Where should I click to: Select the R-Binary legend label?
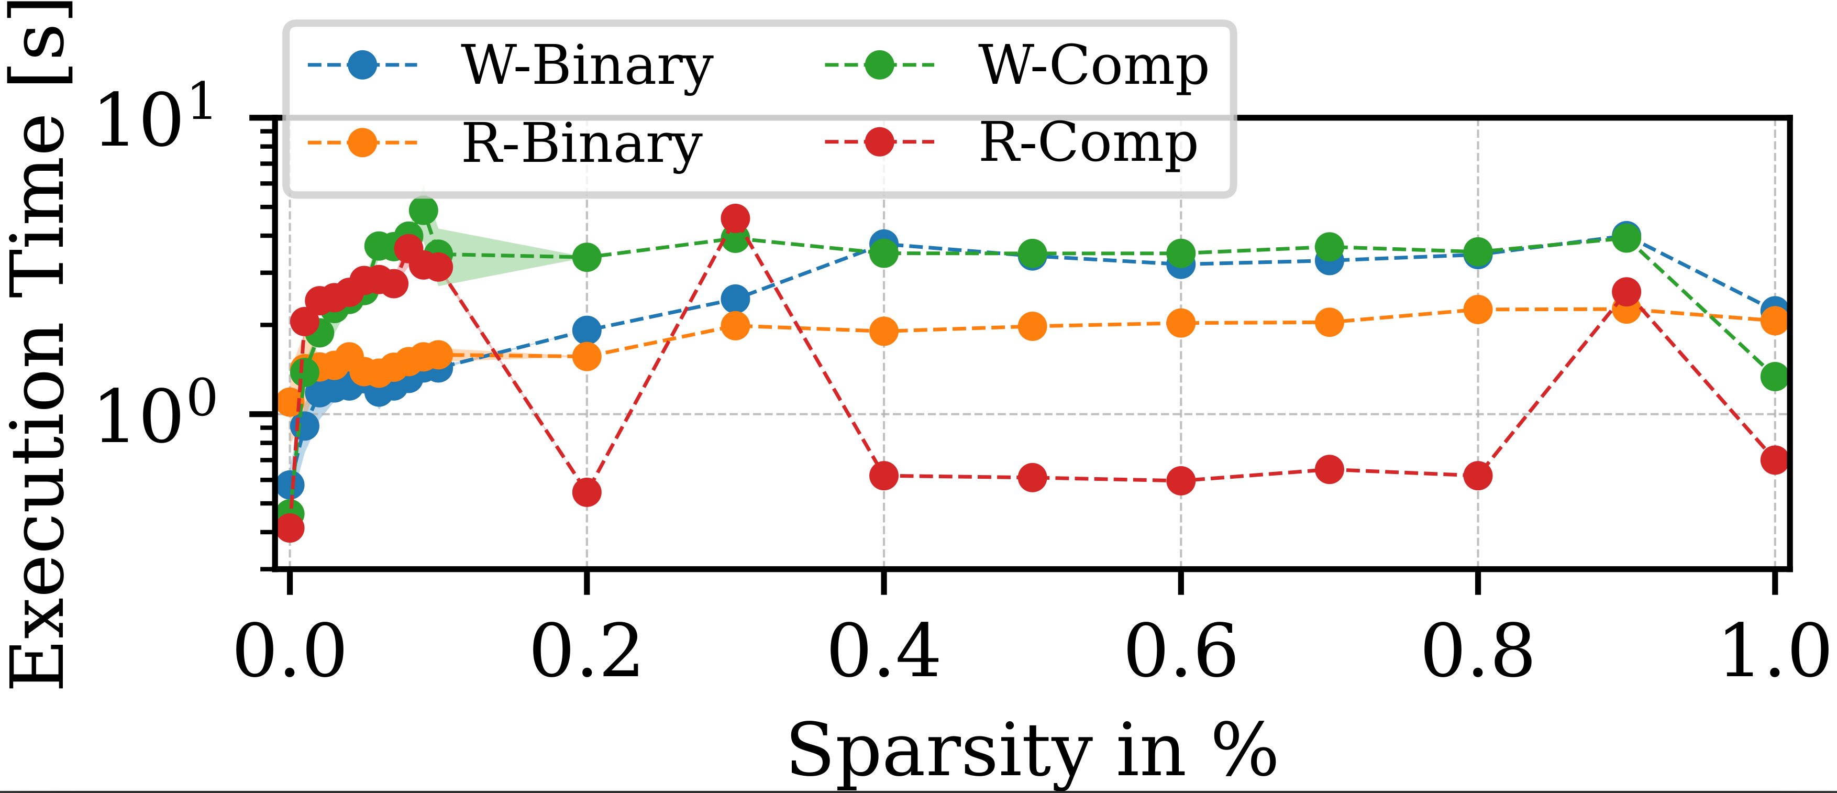pos(582,145)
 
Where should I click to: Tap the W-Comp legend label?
pos(1093,67)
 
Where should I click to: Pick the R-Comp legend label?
pos(1088,145)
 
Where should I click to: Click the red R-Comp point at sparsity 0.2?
pos(586,492)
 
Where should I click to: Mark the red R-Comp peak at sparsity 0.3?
pos(735,218)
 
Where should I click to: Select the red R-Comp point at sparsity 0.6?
pos(1181,481)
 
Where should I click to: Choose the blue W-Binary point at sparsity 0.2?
pos(586,330)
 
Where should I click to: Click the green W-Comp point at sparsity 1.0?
pos(1774,376)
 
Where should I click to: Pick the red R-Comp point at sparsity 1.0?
pos(1774,460)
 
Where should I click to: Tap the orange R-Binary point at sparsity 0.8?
pos(1478,310)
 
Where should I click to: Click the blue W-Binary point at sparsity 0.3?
pos(735,299)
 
